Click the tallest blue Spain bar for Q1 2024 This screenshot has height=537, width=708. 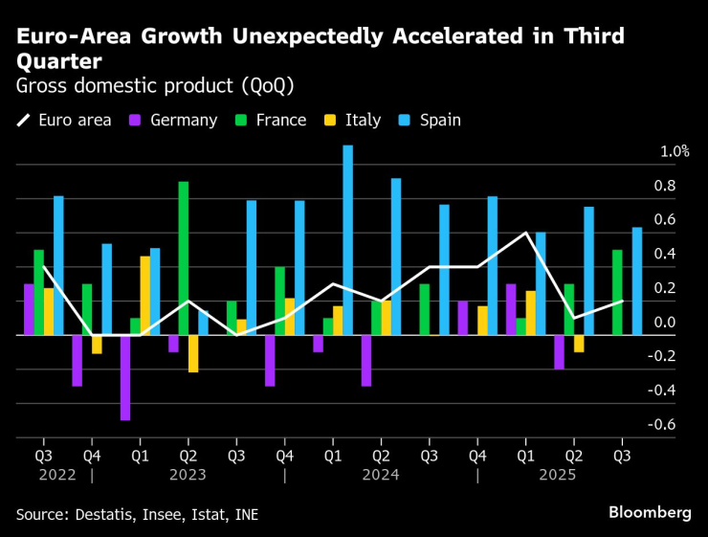[347, 240]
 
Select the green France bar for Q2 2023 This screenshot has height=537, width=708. [183, 258]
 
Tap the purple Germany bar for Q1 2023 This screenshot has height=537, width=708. [125, 377]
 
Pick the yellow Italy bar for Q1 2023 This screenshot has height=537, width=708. [145, 296]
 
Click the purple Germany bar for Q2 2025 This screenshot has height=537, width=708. [559, 352]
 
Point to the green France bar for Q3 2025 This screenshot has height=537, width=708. [618, 293]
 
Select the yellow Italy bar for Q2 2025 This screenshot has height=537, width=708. [579, 344]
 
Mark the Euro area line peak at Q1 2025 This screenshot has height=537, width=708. [525, 233]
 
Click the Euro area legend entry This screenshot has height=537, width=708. [64, 121]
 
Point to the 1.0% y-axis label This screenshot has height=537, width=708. [675, 151]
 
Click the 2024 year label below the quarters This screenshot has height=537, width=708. [381, 474]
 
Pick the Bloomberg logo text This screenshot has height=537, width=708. [650, 513]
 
